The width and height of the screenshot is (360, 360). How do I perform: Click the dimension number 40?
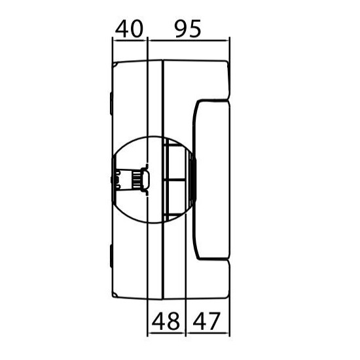pos(129,29)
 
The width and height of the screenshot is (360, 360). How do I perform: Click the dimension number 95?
pos(188,29)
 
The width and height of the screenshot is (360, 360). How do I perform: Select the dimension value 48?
pos(166,321)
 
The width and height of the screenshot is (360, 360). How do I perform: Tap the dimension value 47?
pos(206,321)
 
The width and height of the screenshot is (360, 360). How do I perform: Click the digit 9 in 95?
pos(181,29)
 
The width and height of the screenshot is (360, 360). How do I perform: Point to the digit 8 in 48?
pos(173,321)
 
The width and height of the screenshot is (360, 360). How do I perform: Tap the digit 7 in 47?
pos(214,321)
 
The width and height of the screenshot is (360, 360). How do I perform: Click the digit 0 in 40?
pos(137,29)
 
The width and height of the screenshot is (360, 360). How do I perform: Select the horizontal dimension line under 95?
pos(189,41)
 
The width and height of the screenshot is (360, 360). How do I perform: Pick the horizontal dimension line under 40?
pos(130,41)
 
